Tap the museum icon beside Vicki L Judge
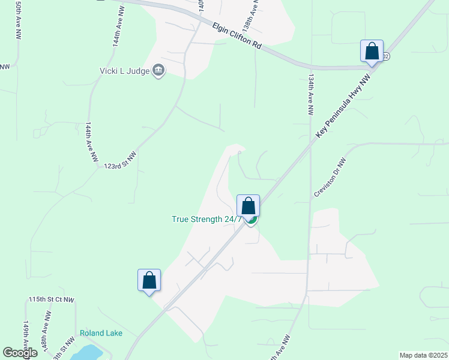coord(158,71)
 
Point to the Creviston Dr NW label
coord(330,178)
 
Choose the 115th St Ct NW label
coord(51,299)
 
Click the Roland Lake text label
coord(101,334)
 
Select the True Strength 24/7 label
coord(206,219)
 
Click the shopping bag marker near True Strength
coord(248,206)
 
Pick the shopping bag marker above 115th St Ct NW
coord(149,280)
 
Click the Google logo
coord(20,353)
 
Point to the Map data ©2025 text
coord(423,355)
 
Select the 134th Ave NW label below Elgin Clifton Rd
coord(310,94)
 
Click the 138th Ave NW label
coord(251,17)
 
